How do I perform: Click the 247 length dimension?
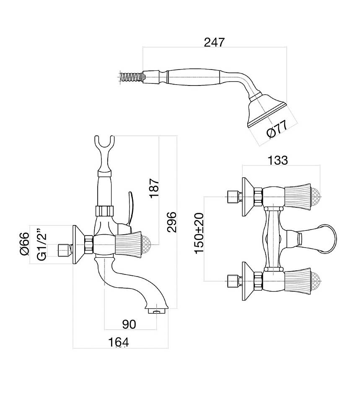(214, 42)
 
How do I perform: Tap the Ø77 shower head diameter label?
(277, 129)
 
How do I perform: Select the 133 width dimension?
(278, 160)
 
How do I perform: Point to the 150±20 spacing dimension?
(199, 233)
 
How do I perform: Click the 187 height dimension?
(155, 188)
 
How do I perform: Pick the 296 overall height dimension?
(171, 222)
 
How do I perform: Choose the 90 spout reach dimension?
(129, 324)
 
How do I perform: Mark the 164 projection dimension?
(119, 342)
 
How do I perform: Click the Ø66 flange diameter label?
(25, 244)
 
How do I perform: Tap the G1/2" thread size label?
(41, 244)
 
